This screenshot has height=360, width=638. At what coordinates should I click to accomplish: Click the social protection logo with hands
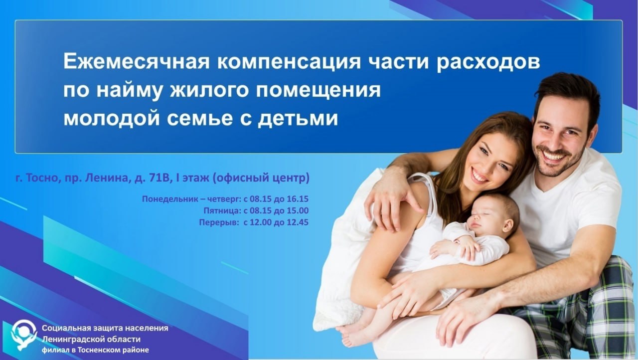pyautogui.click(x=24, y=335)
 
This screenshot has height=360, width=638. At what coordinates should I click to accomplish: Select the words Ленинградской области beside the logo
pyautogui.click(x=91, y=340)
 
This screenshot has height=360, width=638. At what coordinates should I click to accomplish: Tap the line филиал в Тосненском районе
pyautogui.click(x=95, y=350)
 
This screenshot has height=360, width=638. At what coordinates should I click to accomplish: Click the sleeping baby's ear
pyautogui.click(x=507, y=224)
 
